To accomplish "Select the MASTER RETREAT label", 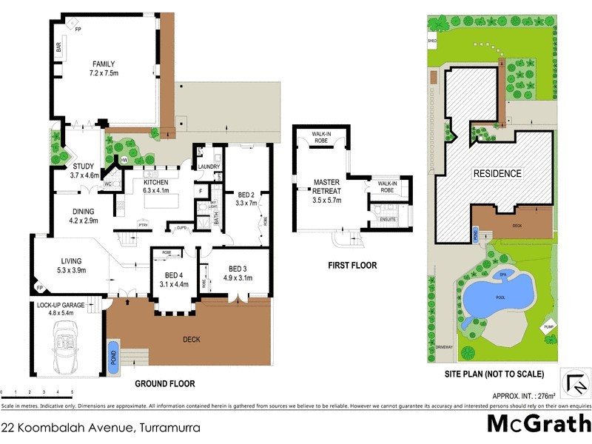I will (326, 186).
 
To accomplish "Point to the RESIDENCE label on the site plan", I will (497, 174).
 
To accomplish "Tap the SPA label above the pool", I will (507, 275).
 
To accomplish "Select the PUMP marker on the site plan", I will (548, 326).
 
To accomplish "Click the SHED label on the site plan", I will (431, 41).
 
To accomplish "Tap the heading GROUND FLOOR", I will (164, 384).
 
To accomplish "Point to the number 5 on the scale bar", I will (72, 391).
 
